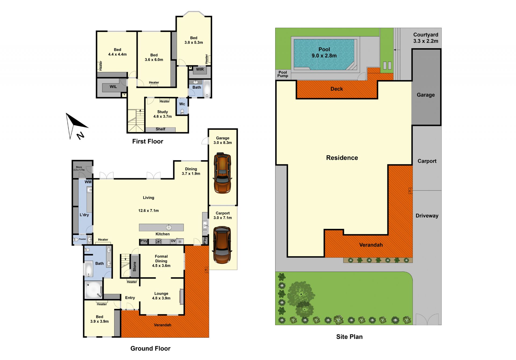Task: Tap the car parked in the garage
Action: [x=222, y=173]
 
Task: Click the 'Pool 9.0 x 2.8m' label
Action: [x=324, y=53]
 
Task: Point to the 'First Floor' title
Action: [x=148, y=141]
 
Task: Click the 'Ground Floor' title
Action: [x=150, y=348]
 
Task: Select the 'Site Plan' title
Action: [x=349, y=337]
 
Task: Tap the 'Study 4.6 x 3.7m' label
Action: [x=162, y=114]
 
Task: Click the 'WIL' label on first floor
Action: [x=113, y=87]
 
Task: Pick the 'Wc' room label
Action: [x=182, y=104]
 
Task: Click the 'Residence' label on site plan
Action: [x=342, y=158]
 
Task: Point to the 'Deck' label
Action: [x=336, y=89]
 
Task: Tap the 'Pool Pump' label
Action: [x=283, y=74]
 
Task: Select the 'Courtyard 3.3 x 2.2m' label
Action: [x=426, y=38]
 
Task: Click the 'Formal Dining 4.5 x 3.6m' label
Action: [x=161, y=261]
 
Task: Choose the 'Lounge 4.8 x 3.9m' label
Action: [x=161, y=296]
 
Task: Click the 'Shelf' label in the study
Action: [x=160, y=129]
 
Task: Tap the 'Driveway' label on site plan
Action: [x=427, y=216]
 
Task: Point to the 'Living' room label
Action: [x=148, y=198]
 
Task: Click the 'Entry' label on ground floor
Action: [x=130, y=298]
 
